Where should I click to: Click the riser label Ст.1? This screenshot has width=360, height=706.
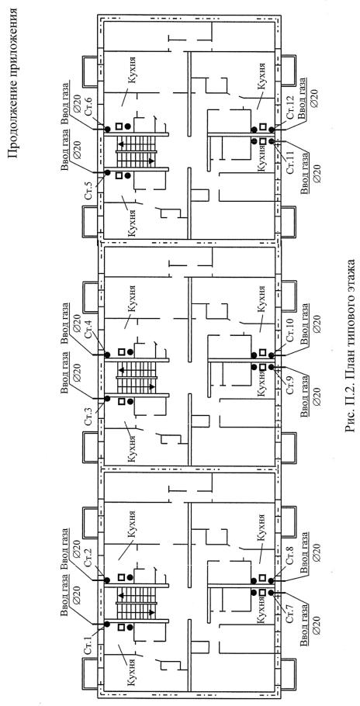pyautogui.click(x=88, y=640)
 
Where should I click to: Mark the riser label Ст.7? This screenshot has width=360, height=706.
pyautogui.click(x=290, y=611)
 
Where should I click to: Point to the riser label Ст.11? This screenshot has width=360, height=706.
pyautogui.click(x=290, y=163)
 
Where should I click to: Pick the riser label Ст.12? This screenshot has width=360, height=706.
pyautogui.click(x=290, y=108)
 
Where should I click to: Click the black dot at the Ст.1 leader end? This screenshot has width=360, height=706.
pyautogui.click(x=107, y=624)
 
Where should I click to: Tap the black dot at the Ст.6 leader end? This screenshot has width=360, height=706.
pyautogui.click(x=108, y=130)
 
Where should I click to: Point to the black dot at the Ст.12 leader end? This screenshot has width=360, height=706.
pyautogui.click(x=272, y=130)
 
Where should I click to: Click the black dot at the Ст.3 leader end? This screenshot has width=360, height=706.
pyautogui.click(x=107, y=399)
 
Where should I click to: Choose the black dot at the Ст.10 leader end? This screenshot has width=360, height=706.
pyautogui.click(x=272, y=355)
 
